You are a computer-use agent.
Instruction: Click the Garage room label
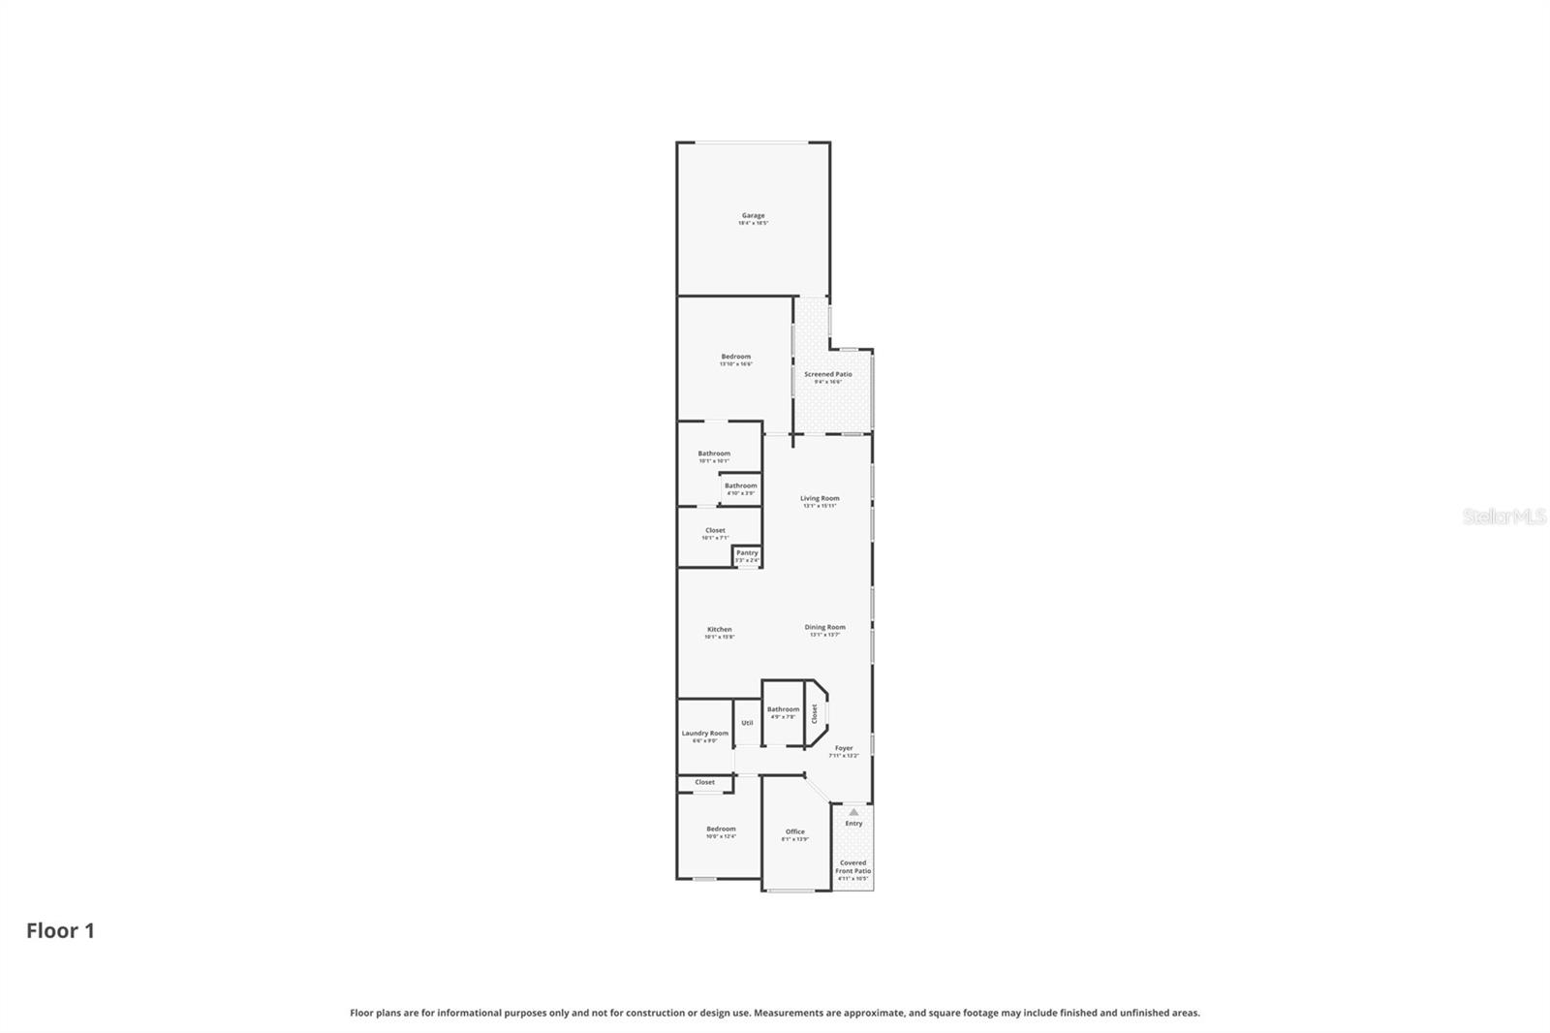click(x=753, y=216)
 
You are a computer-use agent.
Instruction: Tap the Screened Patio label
click(x=828, y=375)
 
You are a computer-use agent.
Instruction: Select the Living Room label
click(x=820, y=499)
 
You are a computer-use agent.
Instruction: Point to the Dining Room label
click(x=824, y=628)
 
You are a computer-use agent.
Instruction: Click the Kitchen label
click(x=719, y=630)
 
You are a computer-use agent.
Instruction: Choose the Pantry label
click(x=747, y=553)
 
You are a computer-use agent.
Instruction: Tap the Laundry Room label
click(x=704, y=734)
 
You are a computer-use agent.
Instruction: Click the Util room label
click(x=747, y=723)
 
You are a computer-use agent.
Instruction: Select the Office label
click(x=794, y=832)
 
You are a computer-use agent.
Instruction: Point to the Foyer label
click(x=844, y=748)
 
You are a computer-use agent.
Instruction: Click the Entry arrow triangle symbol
click(x=853, y=812)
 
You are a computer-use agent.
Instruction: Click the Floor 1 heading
click(x=60, y=931)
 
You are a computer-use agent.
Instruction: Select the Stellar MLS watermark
click(x=1503, y=517)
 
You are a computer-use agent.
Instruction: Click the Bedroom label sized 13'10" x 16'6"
click(x=735, y=358)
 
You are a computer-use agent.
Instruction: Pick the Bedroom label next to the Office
click(x=721, y=830)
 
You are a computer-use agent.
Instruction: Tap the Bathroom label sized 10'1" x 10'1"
click(x=714, y=454)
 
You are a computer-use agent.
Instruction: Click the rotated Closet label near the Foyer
click(x=815, y=714)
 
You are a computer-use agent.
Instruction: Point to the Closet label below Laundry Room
click(x=704, y=782)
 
